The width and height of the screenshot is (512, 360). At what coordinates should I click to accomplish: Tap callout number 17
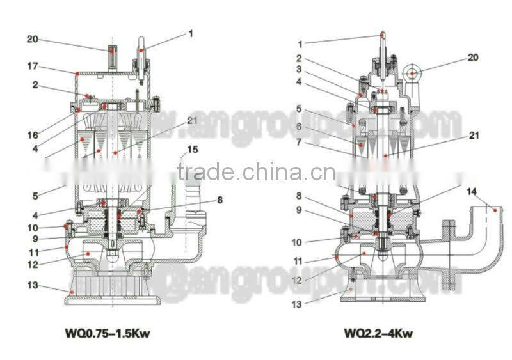[x=32, y=65]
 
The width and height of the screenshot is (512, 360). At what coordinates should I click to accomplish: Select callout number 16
[x=33, y=135]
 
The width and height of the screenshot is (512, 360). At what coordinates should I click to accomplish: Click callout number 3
[x=299, y=69]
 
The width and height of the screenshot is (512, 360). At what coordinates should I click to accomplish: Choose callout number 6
[x=299, y=127]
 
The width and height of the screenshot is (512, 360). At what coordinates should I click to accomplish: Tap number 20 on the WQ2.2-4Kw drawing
[x=473, y=58]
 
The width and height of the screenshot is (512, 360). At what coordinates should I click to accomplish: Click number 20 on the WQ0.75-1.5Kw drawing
[x=32, y=39]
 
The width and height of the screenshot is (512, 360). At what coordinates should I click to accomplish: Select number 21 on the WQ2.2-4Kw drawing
[x=474, y=136]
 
